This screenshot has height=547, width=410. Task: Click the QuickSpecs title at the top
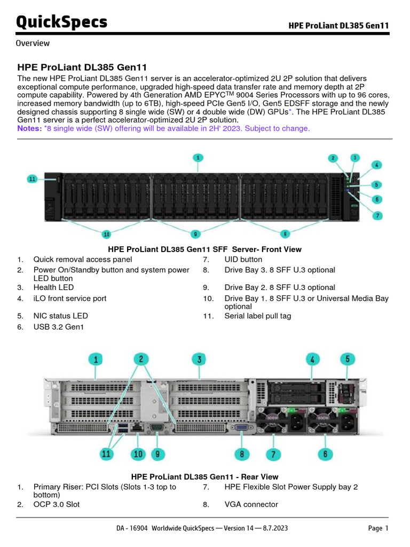coord(61,22)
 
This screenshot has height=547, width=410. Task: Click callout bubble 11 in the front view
coord(33,179)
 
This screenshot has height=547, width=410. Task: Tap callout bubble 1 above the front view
coord(198,158)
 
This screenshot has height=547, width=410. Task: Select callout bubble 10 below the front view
coord(107,233)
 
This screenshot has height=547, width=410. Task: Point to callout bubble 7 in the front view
coord(377,216)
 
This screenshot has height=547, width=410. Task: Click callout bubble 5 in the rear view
coord(348,359)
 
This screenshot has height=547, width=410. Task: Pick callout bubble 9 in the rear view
coord(157,454)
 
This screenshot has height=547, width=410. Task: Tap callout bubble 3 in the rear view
coord(199,360)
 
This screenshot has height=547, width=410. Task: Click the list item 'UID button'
coord(243,260)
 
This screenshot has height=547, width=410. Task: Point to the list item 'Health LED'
coord(53,287)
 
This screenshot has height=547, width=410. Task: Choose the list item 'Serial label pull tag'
coord(258,316)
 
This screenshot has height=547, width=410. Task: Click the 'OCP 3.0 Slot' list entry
coord(57,504)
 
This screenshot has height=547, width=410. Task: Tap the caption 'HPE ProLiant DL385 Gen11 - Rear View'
coord(204,476)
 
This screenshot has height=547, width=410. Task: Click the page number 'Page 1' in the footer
coord(378,528)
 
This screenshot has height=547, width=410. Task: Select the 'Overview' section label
coord(33,43)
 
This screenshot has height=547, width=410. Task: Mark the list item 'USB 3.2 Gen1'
coord(58,327)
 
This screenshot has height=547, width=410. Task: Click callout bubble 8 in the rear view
coord(242,454)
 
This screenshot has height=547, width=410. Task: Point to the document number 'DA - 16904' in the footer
coord(132,528)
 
